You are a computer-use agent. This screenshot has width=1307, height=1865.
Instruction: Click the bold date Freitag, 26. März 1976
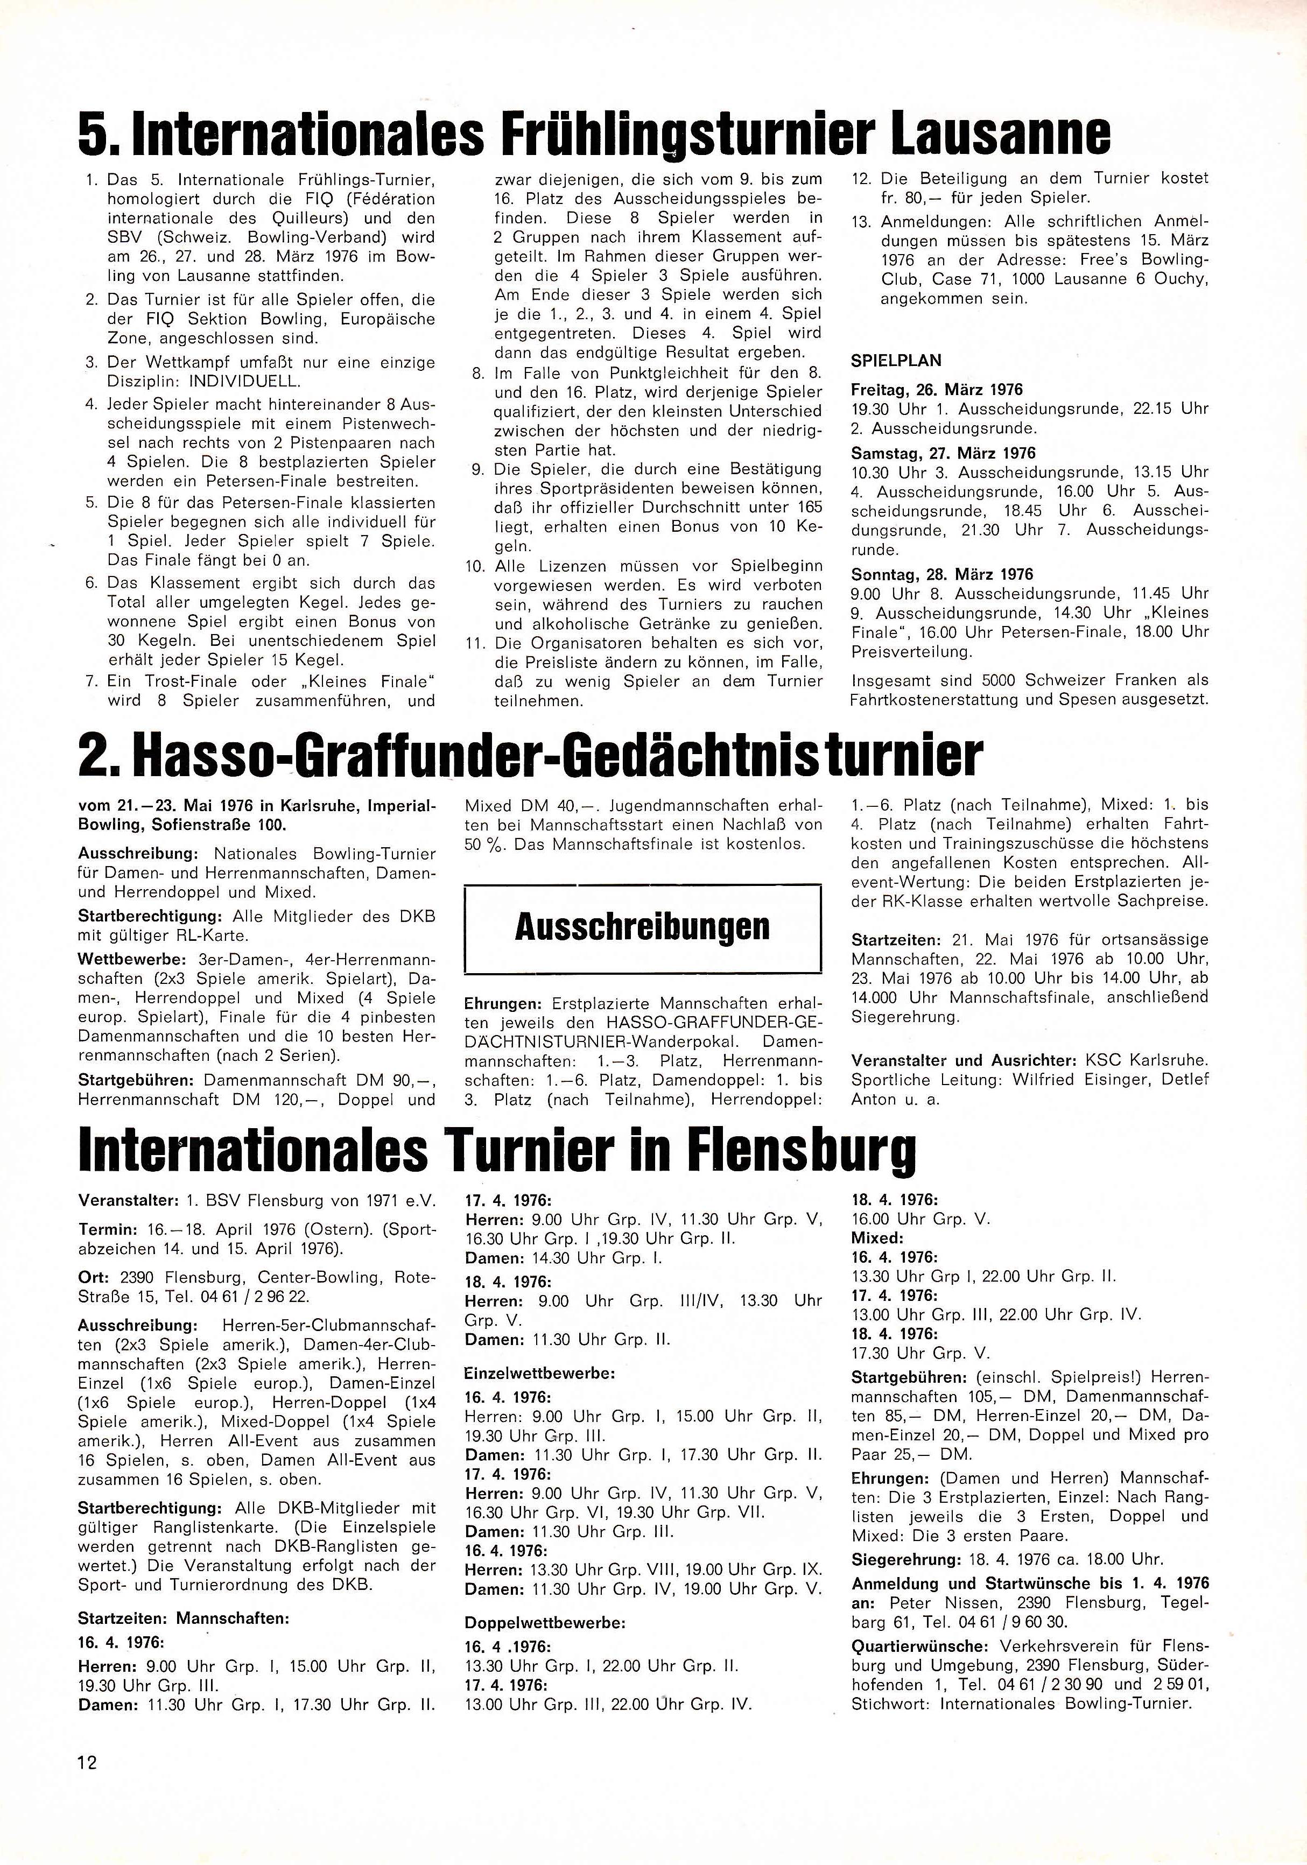point(937,390)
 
